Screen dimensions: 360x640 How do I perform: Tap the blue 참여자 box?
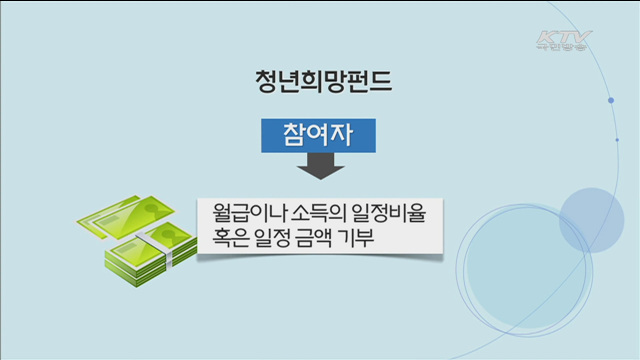(x=310, y=137)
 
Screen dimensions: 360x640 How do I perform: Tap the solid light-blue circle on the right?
(x=591, y=220)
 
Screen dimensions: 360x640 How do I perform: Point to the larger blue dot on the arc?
(x=610, y=101)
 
